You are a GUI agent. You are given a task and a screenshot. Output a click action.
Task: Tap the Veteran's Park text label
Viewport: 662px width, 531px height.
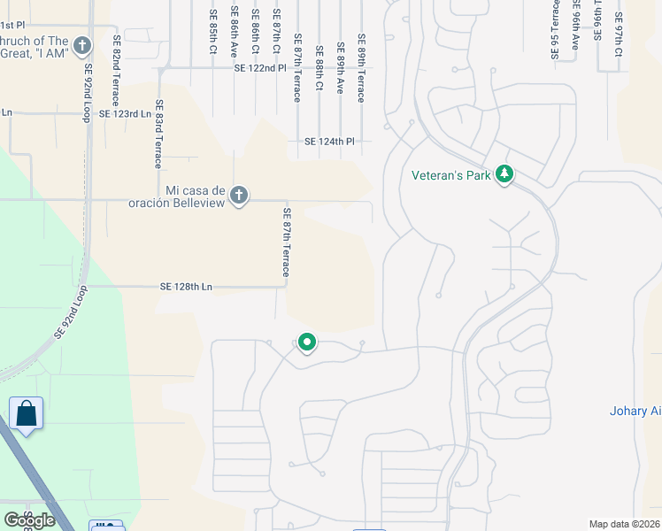451,175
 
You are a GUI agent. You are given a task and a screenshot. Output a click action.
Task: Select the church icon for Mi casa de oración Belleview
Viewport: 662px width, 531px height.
238,196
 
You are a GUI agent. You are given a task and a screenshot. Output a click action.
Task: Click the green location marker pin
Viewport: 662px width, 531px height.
307,342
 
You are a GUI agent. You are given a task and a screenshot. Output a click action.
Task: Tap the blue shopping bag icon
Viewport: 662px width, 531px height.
27,413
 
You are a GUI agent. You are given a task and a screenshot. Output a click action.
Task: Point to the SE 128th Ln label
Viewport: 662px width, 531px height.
187,287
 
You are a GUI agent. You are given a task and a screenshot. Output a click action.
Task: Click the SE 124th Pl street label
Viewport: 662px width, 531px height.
329,142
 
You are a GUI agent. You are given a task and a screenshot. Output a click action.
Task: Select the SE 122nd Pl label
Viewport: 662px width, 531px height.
260,68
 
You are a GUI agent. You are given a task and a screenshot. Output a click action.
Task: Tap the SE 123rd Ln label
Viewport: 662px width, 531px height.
125,114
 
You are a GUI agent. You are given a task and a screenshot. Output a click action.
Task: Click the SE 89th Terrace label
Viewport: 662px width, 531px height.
361,68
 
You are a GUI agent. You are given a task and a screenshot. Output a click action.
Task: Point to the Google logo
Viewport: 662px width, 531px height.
29,520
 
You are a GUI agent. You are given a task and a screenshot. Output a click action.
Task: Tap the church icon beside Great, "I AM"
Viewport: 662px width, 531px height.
82,45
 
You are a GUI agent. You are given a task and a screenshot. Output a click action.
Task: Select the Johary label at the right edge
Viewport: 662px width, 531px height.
635,411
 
